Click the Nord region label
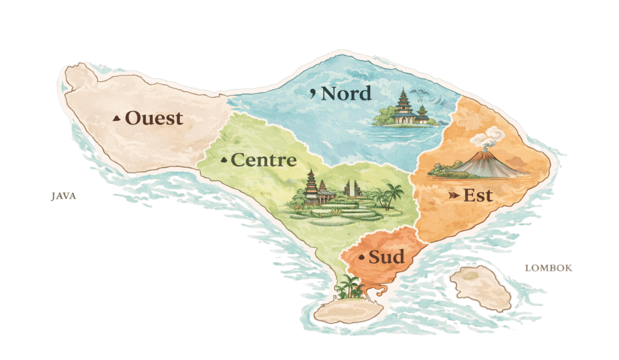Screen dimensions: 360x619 click(346, 93)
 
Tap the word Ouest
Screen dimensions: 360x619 click(154, 118)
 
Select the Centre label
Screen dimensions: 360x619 click(264, 160)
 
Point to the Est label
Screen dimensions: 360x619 click(478, 196)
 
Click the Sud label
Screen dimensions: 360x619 click(386, 257)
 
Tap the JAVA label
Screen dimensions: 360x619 click(64, 197)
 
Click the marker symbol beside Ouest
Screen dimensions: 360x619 click(117, 118)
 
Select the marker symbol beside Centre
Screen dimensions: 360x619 click(224, 160)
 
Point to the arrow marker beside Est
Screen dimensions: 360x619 click(454, 196)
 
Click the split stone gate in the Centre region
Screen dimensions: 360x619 click(352, 188)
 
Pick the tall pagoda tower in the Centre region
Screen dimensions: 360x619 click(310, 186)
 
